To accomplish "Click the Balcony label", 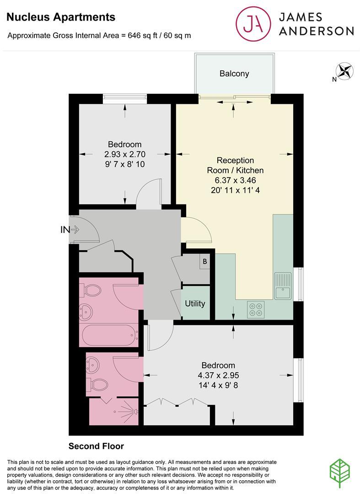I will click(234, 73).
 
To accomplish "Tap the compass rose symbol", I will click(345, 71).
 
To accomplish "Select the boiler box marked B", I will click(204, 262).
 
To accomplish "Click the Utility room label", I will click(195, 303).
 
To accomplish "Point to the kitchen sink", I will click(283, 285).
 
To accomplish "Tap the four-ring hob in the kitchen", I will click(256, 309).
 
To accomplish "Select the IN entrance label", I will click(65, 230).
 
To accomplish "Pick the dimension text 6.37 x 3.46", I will click(235, 180).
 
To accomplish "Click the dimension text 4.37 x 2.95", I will click(218, 375).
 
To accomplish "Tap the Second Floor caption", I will click(96, 446).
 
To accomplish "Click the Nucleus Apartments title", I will click(61, 17).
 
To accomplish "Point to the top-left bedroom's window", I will click(125, 97).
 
